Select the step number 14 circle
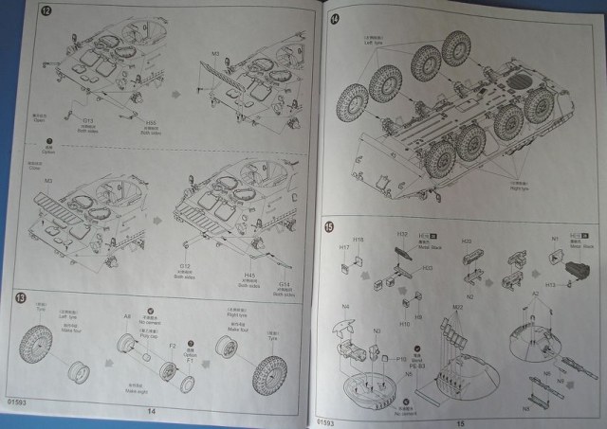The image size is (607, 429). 335,20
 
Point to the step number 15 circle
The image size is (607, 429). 328,226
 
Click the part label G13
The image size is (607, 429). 88,120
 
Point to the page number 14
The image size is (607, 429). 150,412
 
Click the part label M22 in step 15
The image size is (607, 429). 456,307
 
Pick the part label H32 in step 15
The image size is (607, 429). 401,234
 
